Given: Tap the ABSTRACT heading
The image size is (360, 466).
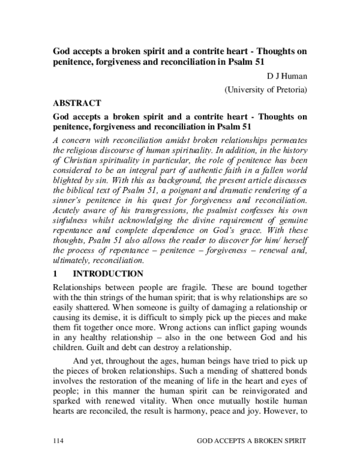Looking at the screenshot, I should click(x=77, y=103).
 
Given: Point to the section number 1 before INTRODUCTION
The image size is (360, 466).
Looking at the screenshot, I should click(x=56, y=274).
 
